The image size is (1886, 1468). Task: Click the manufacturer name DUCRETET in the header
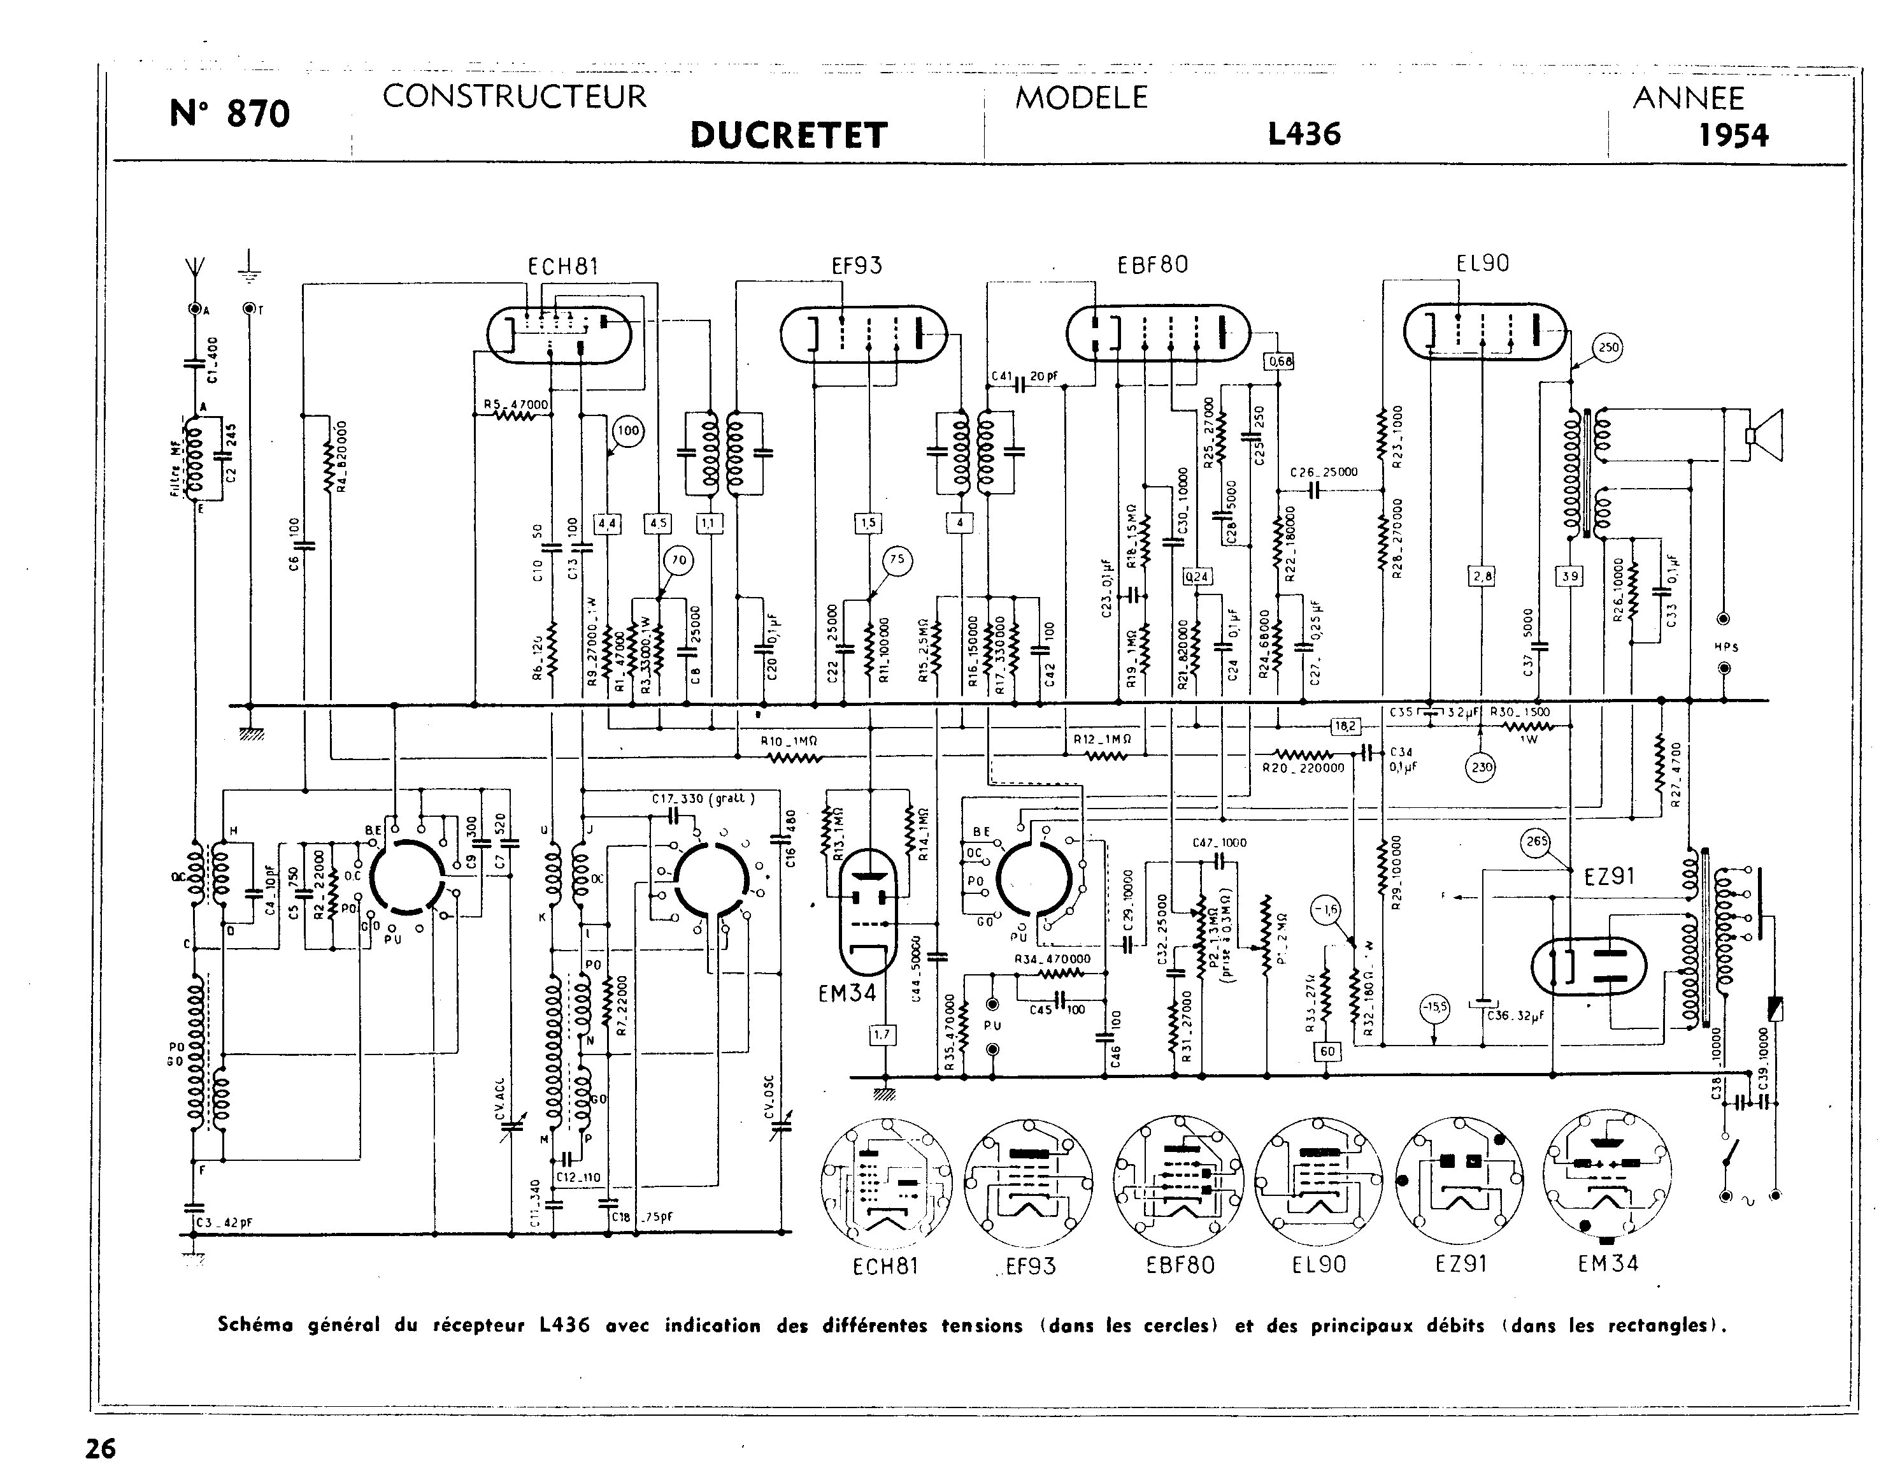(x=789, y=136)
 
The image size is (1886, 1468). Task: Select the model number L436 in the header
(x=1304, y=134)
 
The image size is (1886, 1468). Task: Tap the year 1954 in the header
(x=1733, y=136)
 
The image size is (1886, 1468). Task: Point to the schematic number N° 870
(x=230, y=113)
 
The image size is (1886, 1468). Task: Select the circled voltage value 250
(x=1608, y=347)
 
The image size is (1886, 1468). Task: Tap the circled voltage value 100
(x=628, y=431)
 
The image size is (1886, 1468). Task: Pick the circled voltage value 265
(x=1537, y=842)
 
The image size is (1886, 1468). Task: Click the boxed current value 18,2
(x=1345, y=726)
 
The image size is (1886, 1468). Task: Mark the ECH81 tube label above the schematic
(x=563, y=266)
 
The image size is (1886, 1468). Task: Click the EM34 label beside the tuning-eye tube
(x=847, y=994)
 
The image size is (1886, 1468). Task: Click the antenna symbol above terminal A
(x=194, y=267)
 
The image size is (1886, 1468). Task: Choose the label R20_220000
(x=1303, y=767)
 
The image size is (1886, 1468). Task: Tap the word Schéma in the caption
(x=255, y=1325)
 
